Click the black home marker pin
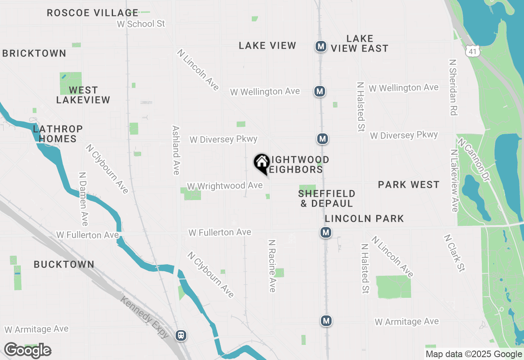[262, 163]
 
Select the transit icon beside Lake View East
[321, 46]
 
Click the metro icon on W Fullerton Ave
[326, 233]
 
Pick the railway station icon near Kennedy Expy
[181, 335]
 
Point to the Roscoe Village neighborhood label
[93, 13]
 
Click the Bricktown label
[34, 53]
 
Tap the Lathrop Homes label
[58, 134]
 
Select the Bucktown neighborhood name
[64, 264]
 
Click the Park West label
[409, 185]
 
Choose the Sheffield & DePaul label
[327, 198]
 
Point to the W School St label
[141, 24]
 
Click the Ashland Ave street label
[176, 150]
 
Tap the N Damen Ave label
[83, 198]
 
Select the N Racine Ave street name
[272, 266]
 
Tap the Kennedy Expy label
[145, 317]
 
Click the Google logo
[27, 351]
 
